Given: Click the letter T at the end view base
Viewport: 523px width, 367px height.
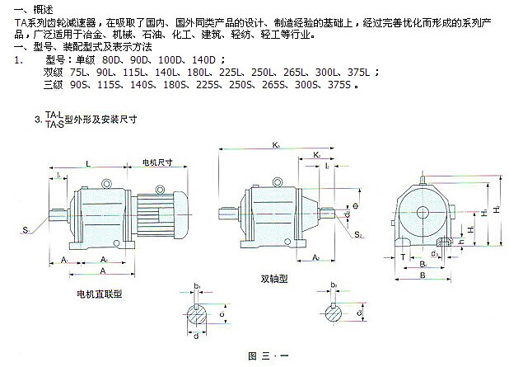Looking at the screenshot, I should click(402, 256).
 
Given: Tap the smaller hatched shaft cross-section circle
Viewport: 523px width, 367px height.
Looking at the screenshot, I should click(334, 313).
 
